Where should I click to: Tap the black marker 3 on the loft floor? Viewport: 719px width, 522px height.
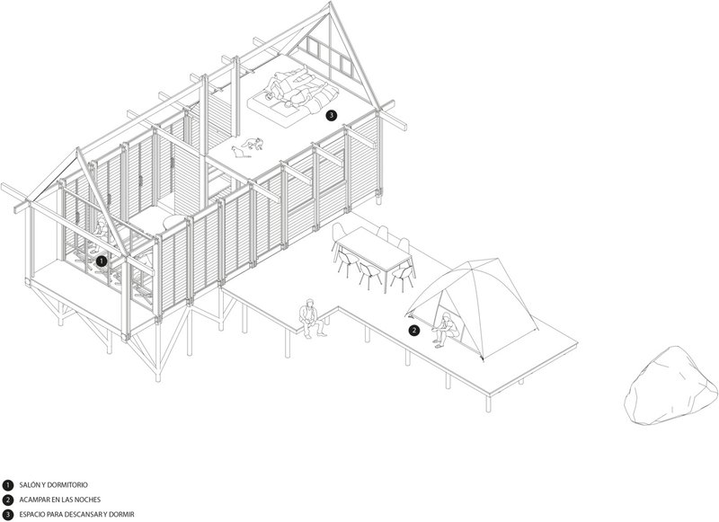[x=332, y=115]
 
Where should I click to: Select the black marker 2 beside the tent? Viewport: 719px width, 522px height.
[x=414, y=330]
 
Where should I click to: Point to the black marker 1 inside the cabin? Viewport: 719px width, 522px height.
[x=102, y=261]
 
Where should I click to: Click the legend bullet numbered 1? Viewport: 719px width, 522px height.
[x=8, y=484]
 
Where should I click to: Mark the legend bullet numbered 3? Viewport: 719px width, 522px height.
[x=8, y=513]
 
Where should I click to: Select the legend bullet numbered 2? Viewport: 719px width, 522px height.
[x=8, y=499]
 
